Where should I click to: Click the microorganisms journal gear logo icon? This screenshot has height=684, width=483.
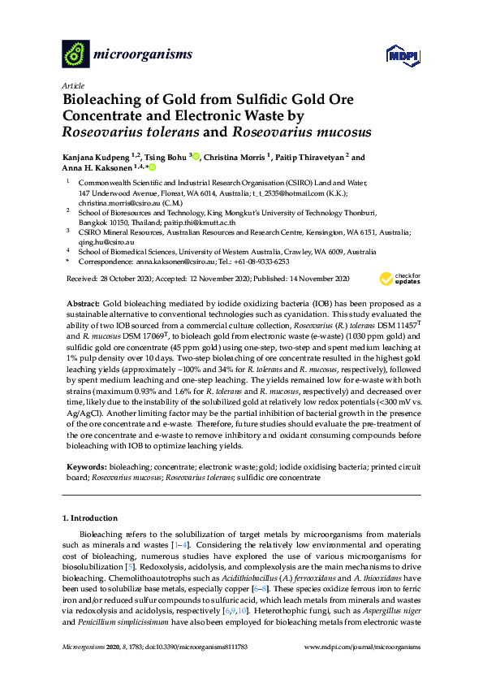(x=75, y=55)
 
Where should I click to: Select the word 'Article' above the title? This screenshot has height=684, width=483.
(x=72, y=85)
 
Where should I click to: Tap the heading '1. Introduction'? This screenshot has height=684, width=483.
(x=91, y=517)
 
